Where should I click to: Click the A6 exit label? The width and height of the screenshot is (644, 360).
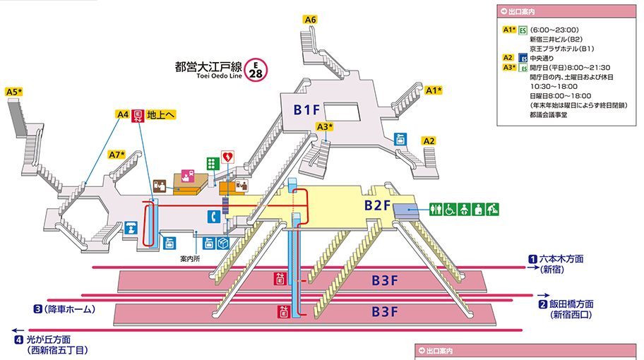click(310, 20)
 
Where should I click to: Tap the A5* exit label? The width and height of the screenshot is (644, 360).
click(14, 92)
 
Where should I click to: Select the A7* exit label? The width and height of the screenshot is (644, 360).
click(117, 155)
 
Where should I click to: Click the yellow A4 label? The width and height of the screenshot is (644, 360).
click(122, 114)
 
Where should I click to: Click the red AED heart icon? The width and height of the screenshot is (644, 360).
click(227, 154)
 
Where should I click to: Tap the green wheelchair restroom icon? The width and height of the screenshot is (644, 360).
click(450, 209)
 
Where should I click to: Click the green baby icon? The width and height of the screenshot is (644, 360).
click(464, 209)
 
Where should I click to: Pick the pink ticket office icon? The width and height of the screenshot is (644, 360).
click(188, 176)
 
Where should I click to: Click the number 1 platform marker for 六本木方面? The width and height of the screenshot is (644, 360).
click(533, 259)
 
